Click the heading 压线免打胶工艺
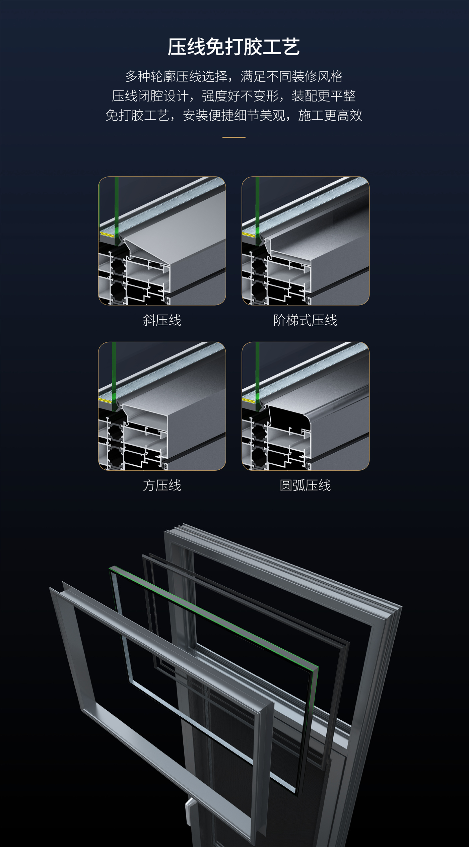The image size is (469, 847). pos(234,47)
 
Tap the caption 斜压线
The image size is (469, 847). pos(162,320)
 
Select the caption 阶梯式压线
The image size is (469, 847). pos(305,320)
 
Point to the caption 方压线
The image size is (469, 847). pos(162,485)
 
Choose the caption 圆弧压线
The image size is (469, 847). pos(305,485)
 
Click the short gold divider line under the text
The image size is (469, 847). pos(234,137)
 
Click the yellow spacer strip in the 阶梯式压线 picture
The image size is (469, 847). pos(248,234)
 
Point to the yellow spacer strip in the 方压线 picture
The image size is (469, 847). pos(105,400)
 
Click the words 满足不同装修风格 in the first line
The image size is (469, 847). pos(291,77)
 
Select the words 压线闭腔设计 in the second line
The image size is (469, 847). pos(150,96)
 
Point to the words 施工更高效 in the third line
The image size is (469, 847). pos(330,116)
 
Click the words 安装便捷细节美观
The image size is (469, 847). pos(234,116)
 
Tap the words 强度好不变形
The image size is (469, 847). pos(240,96)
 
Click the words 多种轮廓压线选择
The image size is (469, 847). pos(176,77)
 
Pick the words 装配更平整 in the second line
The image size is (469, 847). pos(324,96)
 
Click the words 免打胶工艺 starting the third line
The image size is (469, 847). pos(138,116)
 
